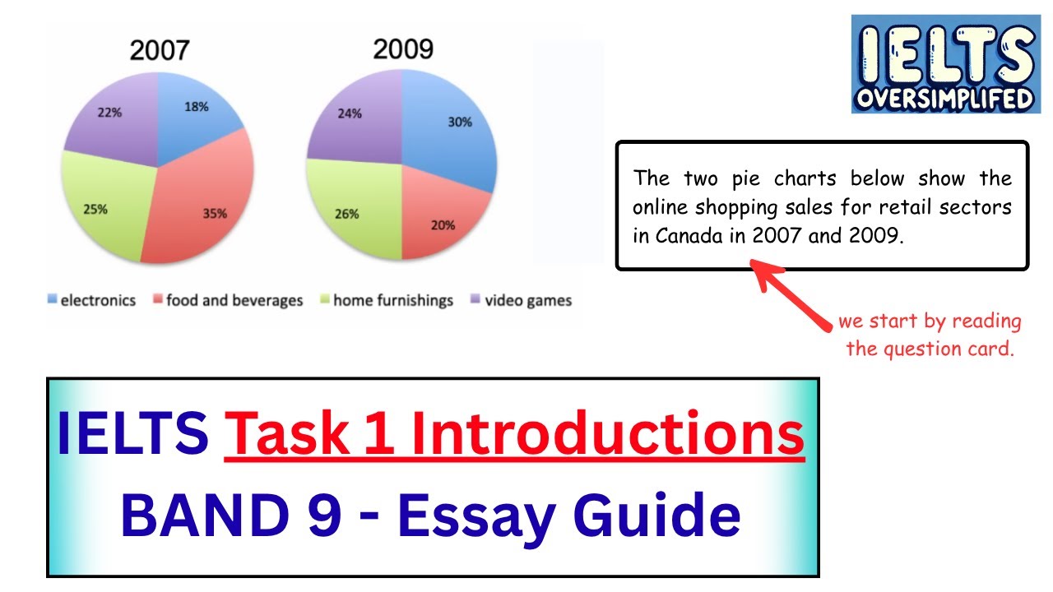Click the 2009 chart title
403,49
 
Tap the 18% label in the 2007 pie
196,107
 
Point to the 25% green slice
96,209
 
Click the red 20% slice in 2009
442,223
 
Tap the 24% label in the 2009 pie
350,114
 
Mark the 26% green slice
347,214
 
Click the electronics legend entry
91,301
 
